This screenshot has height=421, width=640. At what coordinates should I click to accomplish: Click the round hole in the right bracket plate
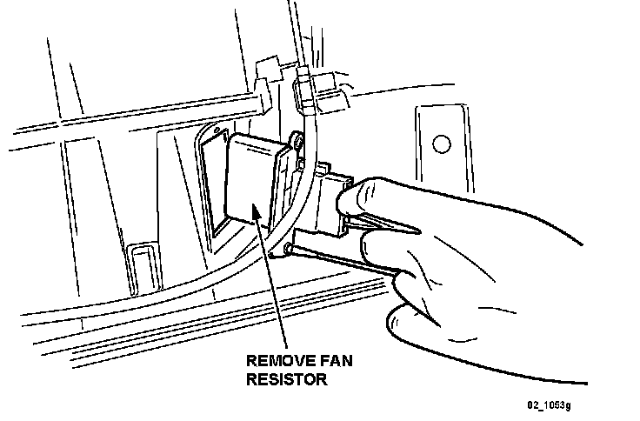coord(443,144)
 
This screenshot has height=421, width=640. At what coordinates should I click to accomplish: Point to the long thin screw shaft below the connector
coord(339,261)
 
